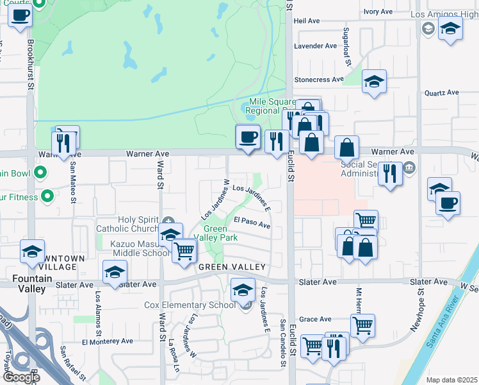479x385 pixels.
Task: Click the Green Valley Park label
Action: click(220, 233)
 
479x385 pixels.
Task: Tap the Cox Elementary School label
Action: click(190, 305)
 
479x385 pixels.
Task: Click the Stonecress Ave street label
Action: click(319, 80)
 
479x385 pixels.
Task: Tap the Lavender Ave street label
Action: click(315, 46)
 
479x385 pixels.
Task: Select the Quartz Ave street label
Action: click(442, 92)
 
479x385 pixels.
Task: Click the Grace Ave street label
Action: click(315, 319)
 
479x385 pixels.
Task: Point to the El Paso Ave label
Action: click(252, 223)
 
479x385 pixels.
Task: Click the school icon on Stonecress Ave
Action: click(375, 81)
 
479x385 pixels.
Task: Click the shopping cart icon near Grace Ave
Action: click(362, 326)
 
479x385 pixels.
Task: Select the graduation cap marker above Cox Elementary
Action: click(243, 291)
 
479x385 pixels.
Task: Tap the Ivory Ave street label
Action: click(378, 12)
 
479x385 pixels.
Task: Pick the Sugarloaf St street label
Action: click(348, 51)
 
